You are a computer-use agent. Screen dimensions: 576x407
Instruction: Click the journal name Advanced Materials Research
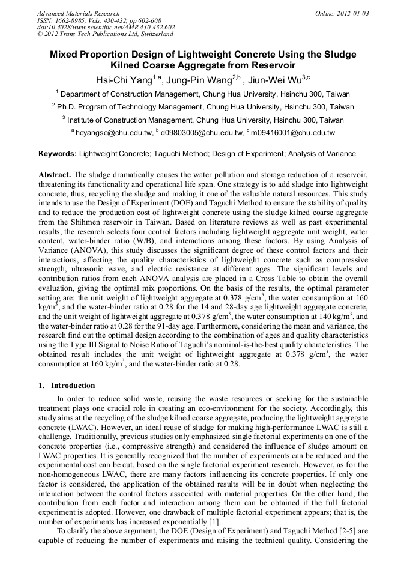[78, 13]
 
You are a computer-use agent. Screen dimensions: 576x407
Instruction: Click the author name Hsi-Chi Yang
[124, 80]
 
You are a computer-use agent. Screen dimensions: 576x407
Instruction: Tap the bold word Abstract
[55, 174]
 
